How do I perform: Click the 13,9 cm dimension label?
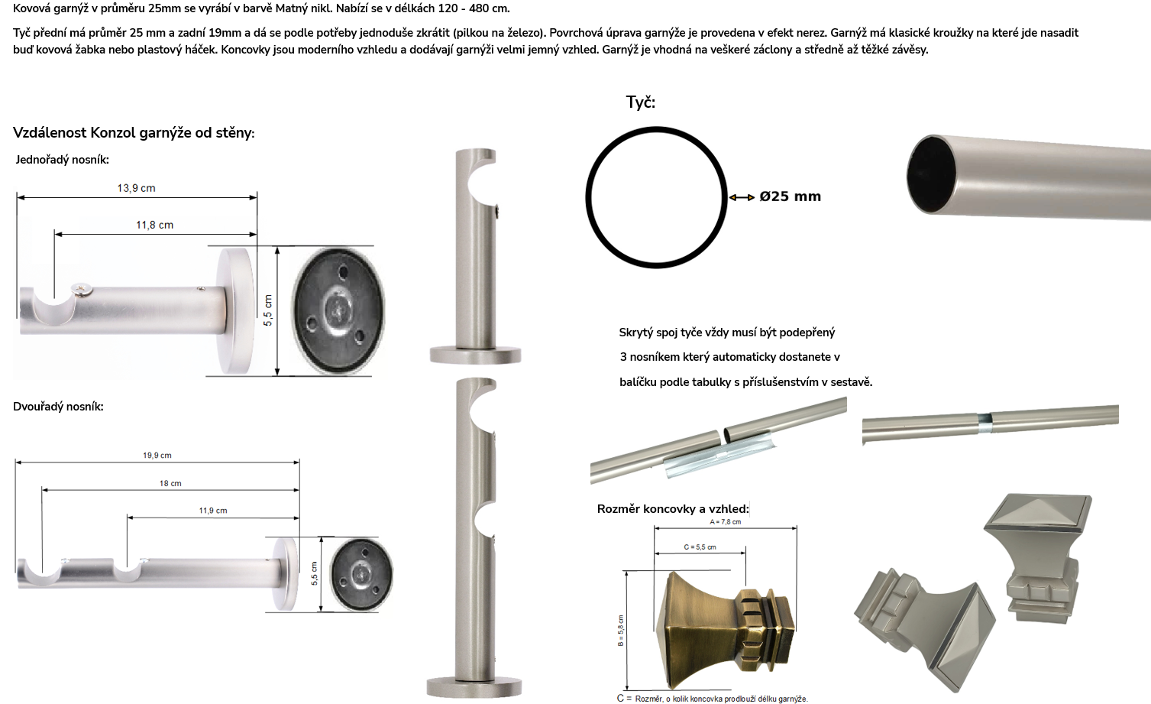(136, 188)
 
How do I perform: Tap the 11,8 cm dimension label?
(155, 225)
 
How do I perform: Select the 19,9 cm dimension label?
(157, 456)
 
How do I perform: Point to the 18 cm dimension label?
(170, 483)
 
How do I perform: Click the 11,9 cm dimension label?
(213, 511)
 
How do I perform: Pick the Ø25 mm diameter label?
(790, 196)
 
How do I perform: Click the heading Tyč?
(641, 102)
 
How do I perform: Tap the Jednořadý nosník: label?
(62, 160)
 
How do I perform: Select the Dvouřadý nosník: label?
(58, 407)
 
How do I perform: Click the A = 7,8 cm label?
(725, 522)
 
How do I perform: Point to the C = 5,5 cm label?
(700, 547)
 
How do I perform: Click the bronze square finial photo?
(726, 631)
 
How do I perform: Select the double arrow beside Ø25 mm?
(742, 197)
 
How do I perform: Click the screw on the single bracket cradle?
(82, 290)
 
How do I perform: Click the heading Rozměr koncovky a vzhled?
(673, 509)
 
